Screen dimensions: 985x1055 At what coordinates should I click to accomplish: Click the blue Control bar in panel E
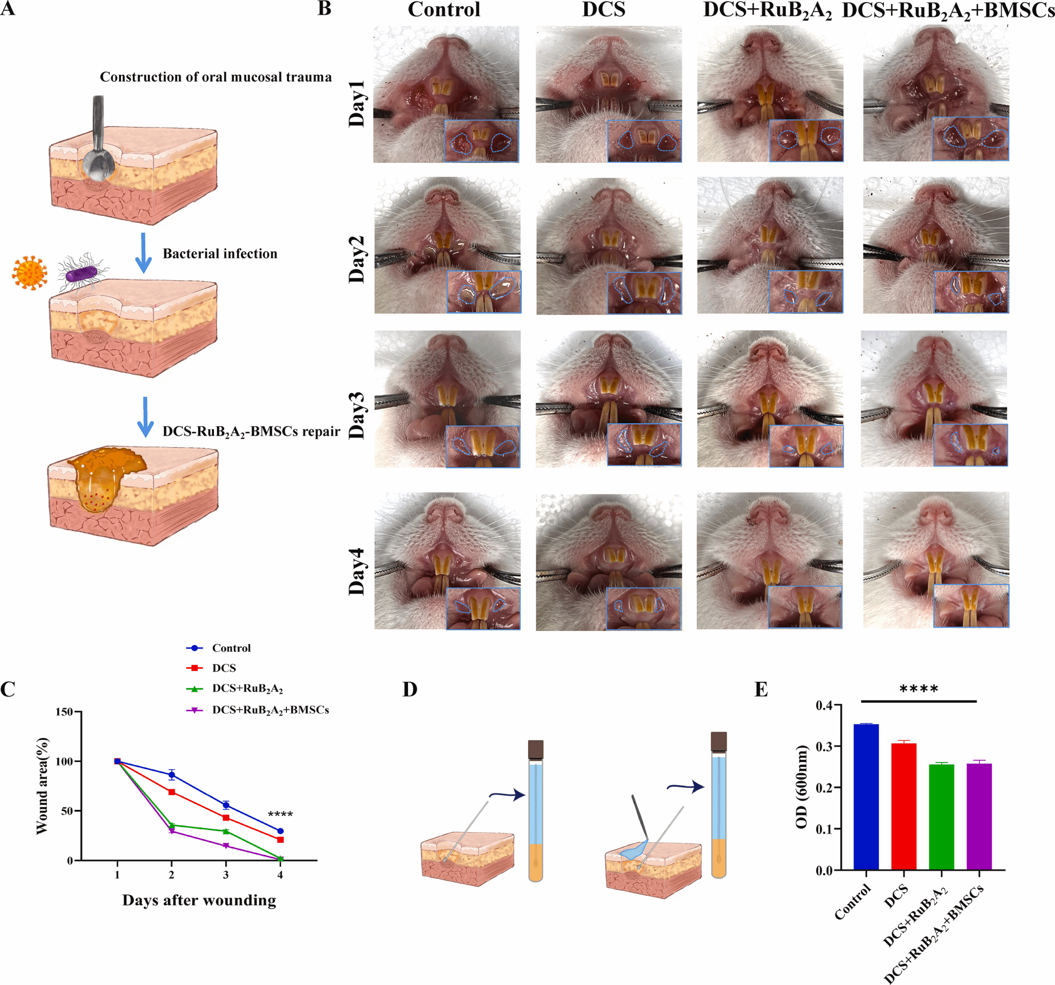pos(865,796)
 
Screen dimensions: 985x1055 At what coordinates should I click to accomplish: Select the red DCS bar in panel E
pos(903,806)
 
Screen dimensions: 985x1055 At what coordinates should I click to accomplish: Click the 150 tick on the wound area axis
pos(64,712)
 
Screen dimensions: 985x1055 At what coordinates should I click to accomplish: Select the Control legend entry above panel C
pos(231,648)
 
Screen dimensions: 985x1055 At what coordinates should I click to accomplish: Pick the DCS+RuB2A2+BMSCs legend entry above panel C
pos(269,710)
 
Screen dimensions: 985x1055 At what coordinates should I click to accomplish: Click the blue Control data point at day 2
pos(172,775)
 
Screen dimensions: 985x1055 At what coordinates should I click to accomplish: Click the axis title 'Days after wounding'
pos(199,900)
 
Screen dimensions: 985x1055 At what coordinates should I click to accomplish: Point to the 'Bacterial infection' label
pos(219,253)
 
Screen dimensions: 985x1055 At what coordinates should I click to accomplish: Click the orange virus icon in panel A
pos(30,273)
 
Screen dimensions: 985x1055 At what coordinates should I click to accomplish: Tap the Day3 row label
pos(356,416)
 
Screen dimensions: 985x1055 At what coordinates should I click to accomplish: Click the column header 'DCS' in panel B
pos(603,10)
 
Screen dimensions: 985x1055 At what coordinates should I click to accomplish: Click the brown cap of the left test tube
pos(535,750)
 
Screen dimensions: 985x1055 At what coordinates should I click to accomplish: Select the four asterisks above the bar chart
pos(918,689)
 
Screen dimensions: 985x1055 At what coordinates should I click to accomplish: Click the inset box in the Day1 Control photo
pos(481,141)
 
